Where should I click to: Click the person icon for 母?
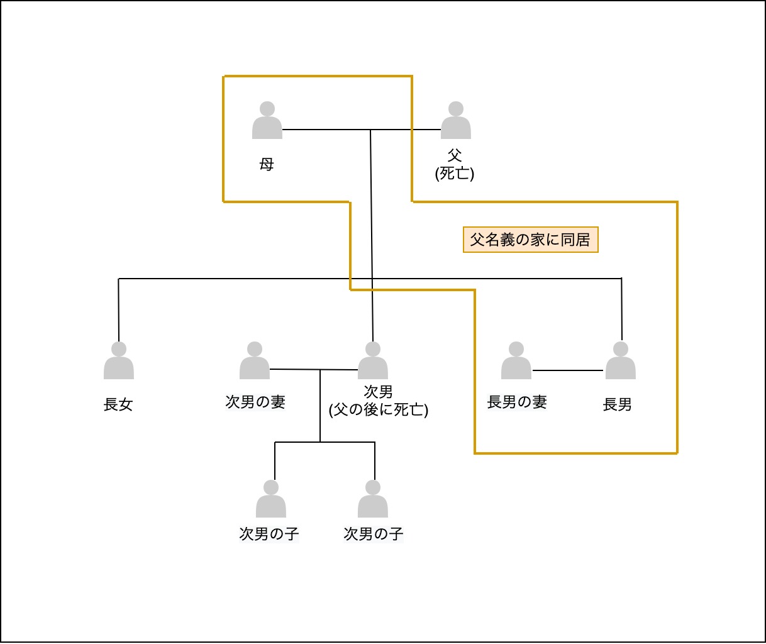tap(267, 121)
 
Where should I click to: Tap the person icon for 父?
tap(455, 121)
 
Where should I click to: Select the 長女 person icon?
tap(119, 361)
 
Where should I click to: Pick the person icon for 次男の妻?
tap(255, 361)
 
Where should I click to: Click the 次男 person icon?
tap(373, 361)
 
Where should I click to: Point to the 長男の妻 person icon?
tap(516, 361)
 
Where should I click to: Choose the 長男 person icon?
tap(621, 361)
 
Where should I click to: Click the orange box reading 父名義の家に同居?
tap(530, 240)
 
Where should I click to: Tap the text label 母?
tap(267, 165)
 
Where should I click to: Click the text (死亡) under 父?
tap(455, 173)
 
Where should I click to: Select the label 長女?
tap(118, 405)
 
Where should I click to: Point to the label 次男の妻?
tap(255, 402)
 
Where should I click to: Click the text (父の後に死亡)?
tap(379, 410)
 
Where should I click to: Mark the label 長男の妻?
tap(517, 402)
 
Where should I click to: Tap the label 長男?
tap(617, 405)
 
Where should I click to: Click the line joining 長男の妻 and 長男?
tap(568, 370)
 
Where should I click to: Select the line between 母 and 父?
tap(327, 130)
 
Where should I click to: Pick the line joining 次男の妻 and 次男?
tap(296, 369)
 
